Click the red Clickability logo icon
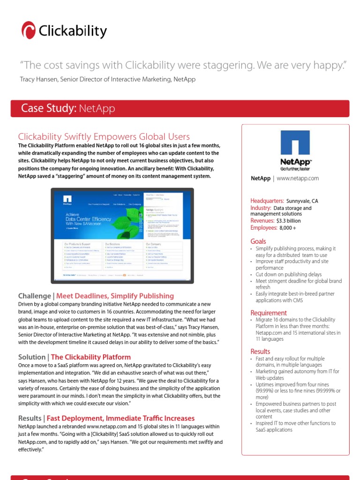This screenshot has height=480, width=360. tap(29, 31)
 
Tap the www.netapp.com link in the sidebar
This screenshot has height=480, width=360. tap(298, 178)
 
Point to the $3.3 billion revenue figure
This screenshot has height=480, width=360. tap(288, 220)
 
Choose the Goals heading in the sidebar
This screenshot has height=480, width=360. tap(258, 241)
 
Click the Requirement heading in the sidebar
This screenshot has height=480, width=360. tap(269, 313)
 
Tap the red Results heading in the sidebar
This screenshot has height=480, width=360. tap(260, 351)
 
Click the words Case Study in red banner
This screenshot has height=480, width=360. tap(49, 109)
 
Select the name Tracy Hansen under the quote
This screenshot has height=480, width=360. tap(39, 79)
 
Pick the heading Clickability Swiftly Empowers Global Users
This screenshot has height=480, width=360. tap(104, 136)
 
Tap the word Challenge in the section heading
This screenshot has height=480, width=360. tap(34, 296)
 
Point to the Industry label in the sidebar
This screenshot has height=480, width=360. tap(261, 208)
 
